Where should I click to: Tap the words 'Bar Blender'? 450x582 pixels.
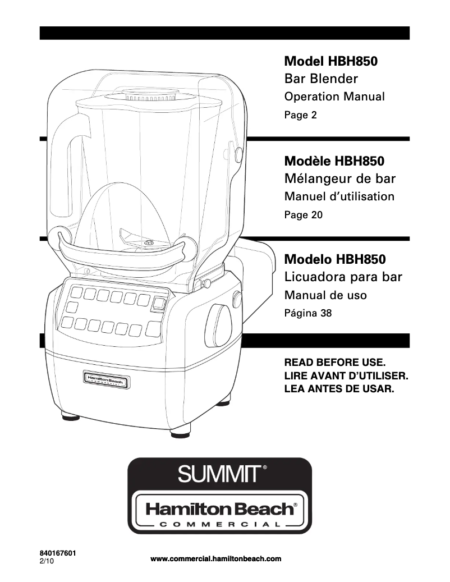(321, 79)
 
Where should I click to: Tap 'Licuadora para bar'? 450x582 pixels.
(343, 277)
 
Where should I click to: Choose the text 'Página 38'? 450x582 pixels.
(308, 313)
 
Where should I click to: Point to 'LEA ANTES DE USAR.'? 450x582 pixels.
(340, 388)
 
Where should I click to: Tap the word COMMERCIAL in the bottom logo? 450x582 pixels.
(219, 524)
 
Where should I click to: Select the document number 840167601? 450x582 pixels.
(58, 553)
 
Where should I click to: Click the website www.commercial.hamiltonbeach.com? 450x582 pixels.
(216, 558)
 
